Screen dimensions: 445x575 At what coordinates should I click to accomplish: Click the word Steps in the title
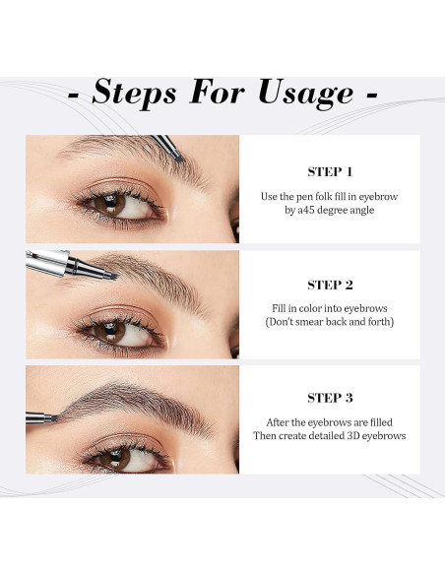[134, 93]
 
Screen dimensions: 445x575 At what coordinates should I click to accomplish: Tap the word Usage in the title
[306, 94]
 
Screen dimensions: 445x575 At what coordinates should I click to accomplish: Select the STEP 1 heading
[330, 172]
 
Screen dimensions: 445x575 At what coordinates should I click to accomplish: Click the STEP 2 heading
[330, 285]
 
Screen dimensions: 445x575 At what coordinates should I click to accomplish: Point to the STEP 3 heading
[330, 398]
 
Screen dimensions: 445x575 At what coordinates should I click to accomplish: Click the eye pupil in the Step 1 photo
[110, 202]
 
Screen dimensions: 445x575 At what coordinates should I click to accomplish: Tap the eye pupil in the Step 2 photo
[110, 328]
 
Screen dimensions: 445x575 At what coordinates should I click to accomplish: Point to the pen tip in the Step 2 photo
[114, 276]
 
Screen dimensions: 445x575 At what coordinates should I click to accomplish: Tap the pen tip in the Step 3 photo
[55, 417]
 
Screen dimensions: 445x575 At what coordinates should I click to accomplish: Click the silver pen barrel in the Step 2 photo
[47, 263]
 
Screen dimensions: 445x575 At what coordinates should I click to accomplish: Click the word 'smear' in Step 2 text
[309, 322]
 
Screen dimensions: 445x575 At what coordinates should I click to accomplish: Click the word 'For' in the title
[217, 92]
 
